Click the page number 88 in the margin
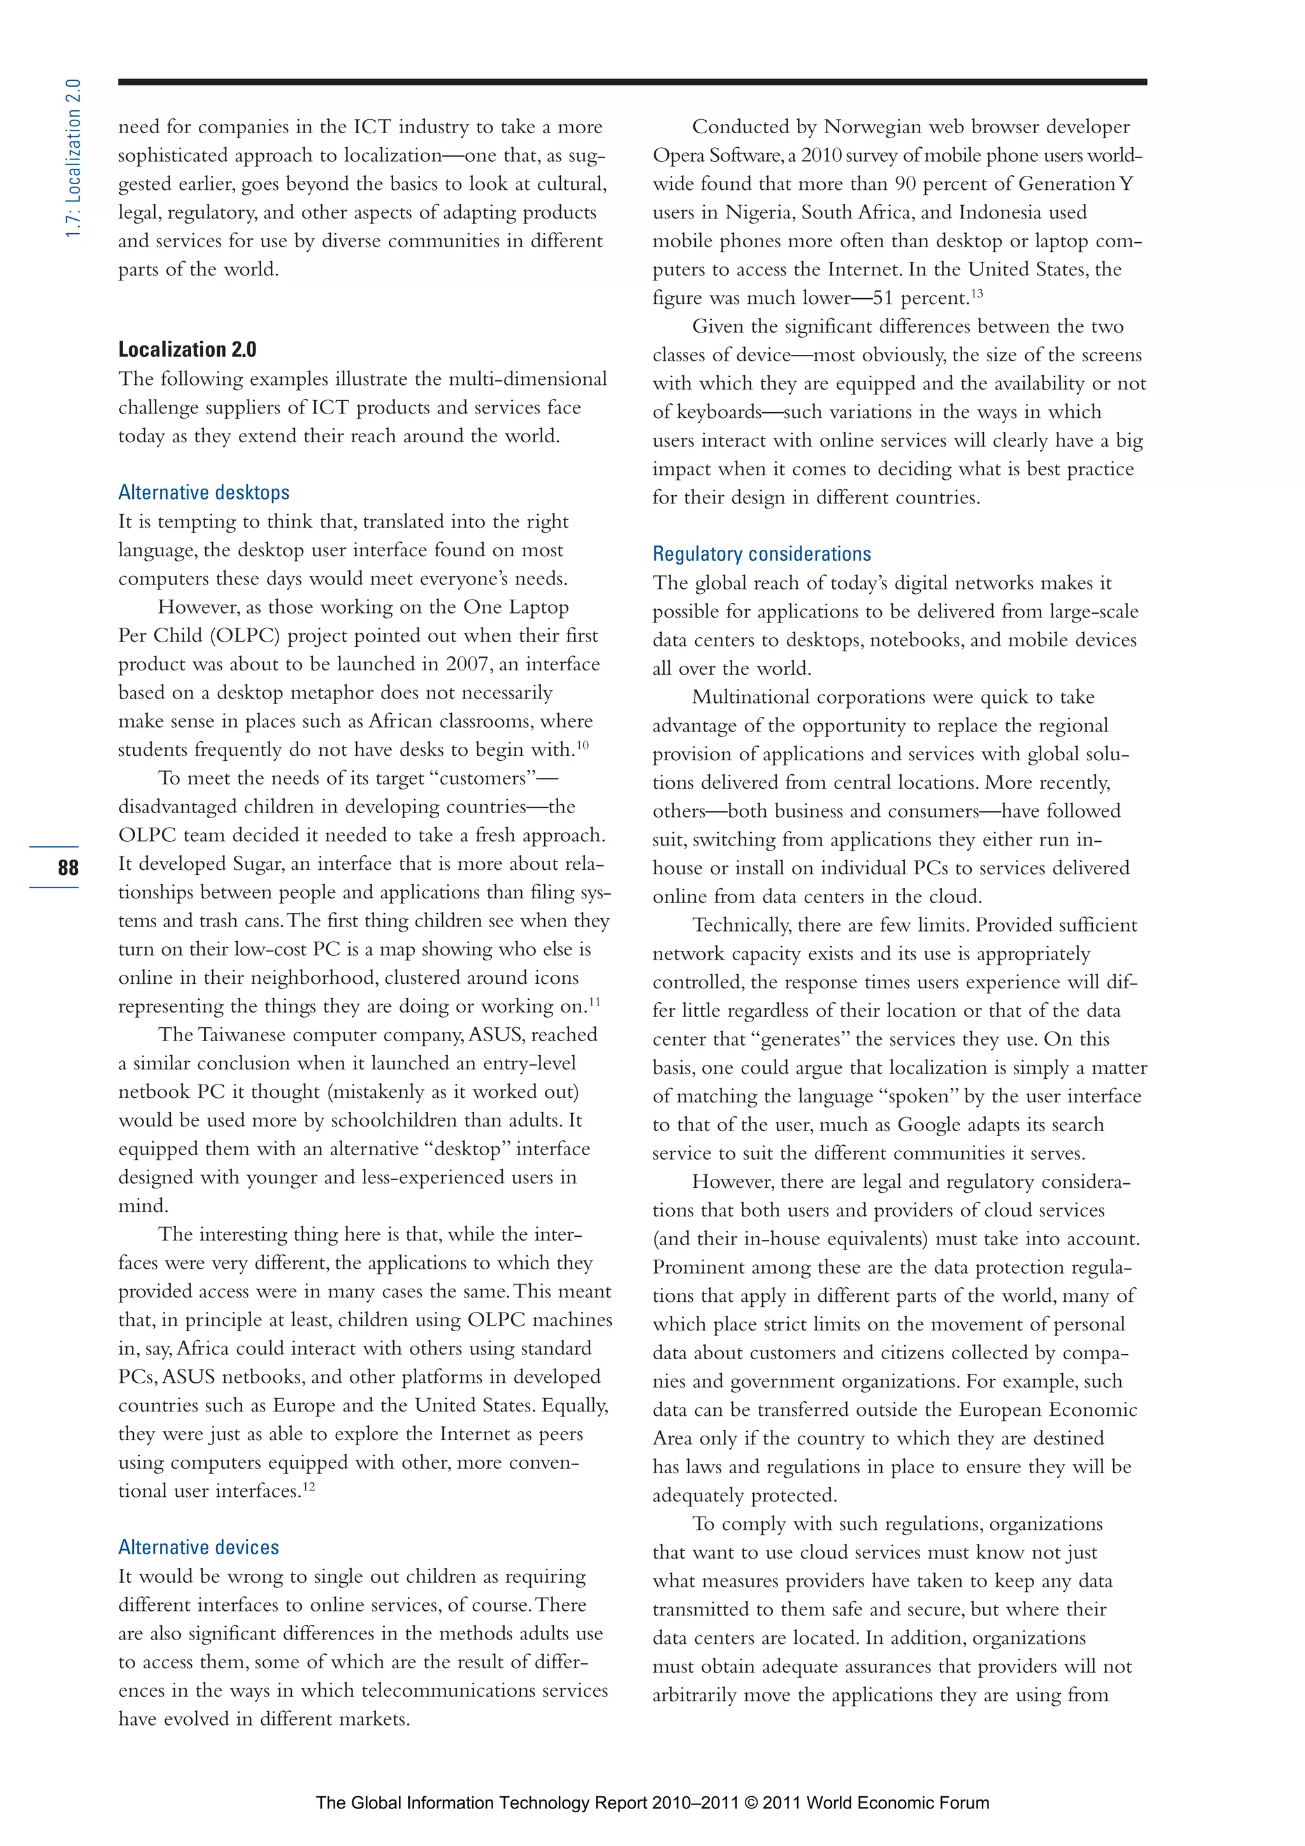tap(68, 867)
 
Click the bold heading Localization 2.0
tap(187, 349)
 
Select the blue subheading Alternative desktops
tap(203, 492)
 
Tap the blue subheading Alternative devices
tap(199, 1547)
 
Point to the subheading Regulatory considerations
tap(761, 554)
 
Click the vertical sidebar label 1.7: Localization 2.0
tap(73, 159)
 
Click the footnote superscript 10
tap(583, 744)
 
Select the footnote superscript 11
tap(595, 1001)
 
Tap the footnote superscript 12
tap(309, 1486)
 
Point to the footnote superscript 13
tap(976, 292)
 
